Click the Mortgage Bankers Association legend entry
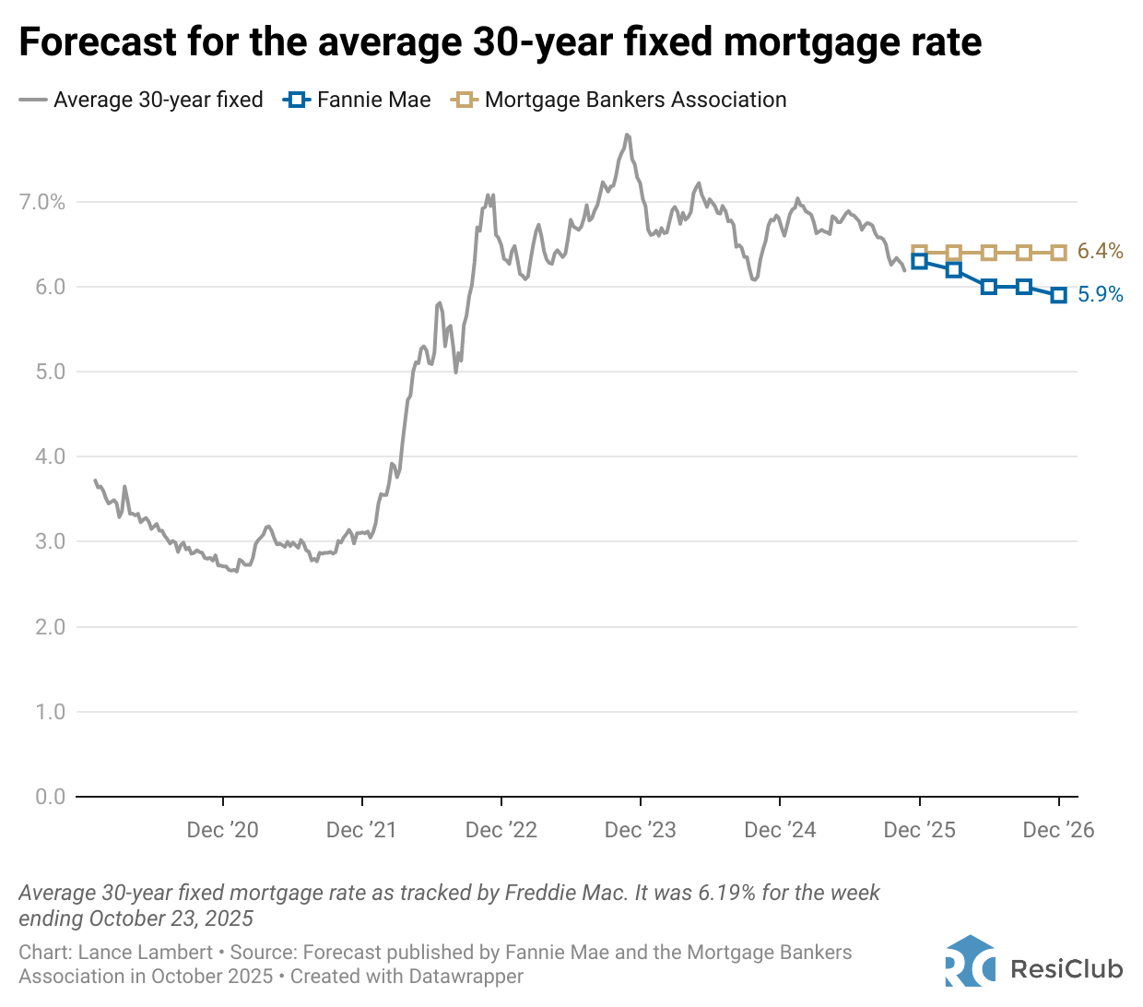[x=619, y=100]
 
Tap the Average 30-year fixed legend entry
[x=142, y=100]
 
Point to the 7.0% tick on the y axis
[x=42, y=202]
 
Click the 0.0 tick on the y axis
[x=50, y=797]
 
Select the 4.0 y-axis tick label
[x=50, y=456]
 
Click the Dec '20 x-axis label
[x=222, y=830]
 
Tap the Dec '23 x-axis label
[x=640, y=830]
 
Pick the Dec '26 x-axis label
[x=1058, y=830]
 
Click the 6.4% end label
[x=1100, y=251]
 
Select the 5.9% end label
[x=1100, y=294]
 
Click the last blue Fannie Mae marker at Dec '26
[x=1058, y=295]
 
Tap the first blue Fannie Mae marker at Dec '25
[x=919, y=261]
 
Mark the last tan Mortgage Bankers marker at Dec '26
[x=1058, y=253]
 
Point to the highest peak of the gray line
[x=627, y=135]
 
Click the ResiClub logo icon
[x=970, y=962]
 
